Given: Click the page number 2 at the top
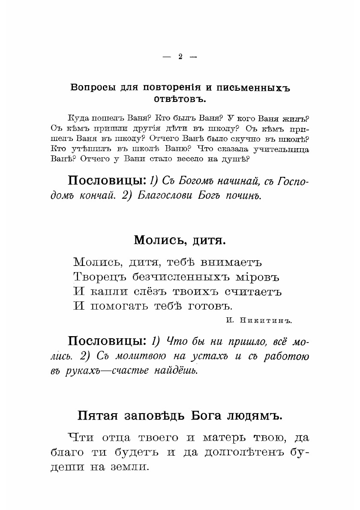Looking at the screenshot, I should click(180, 57).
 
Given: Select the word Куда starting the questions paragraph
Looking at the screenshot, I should click(79, 118).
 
